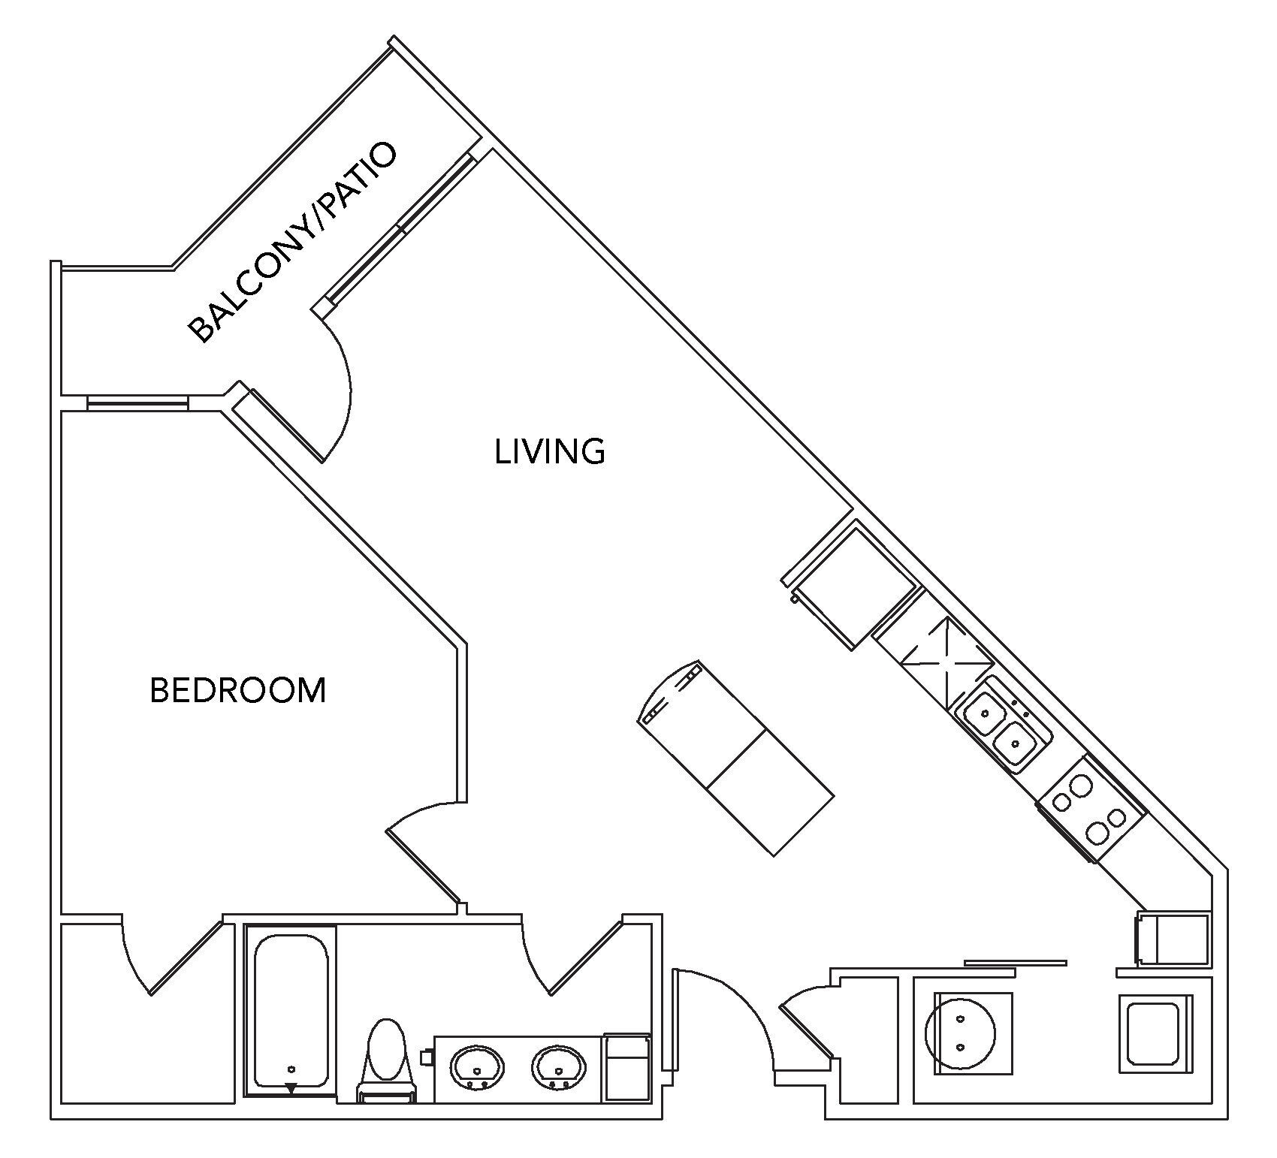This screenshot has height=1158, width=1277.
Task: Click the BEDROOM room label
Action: (x=238, y=690)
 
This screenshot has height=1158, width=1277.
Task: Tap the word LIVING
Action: (x=550, y=451)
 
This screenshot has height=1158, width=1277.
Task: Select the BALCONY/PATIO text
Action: (x=291, y=242)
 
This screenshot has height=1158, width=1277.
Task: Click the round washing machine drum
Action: (x=961, y=1033)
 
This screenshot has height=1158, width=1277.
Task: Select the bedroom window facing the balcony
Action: (x=137, y=403)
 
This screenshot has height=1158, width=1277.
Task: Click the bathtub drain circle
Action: (x=291, y=1069)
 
